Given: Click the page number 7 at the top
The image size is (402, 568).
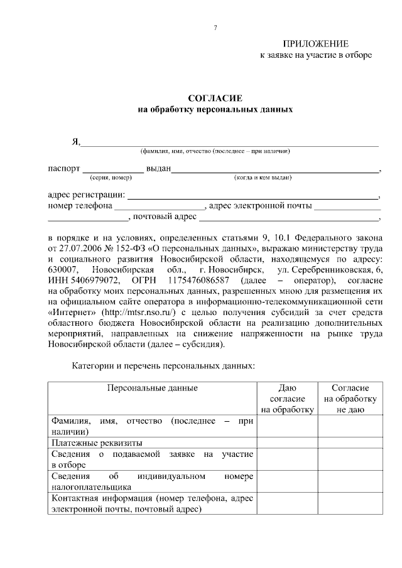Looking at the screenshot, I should click(x=215, y=28).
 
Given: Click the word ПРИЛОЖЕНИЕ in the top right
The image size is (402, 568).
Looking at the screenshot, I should click(x=315, y=43).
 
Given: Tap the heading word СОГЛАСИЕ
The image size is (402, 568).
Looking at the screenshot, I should click(x=215, y=99).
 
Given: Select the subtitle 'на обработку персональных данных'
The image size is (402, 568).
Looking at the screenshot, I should click(x=215, y=109).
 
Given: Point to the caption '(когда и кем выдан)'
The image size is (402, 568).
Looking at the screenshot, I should click(x=263, y=178).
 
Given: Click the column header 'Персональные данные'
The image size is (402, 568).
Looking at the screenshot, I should click(x=152, y=388).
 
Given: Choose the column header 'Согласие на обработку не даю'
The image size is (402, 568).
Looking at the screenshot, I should click(x=350, y=399).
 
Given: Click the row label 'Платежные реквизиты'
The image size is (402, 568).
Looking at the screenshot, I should click(x=92, y=442).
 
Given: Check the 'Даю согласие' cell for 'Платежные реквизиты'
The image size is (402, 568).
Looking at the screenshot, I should click(x=287, y=442).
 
